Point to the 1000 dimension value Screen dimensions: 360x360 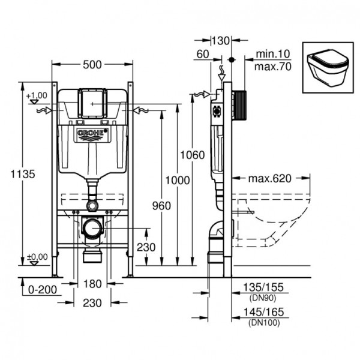(x=178, y=180)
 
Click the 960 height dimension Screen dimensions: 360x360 (x=161, y=206)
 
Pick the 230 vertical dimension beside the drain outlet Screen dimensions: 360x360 (x=146, y=247)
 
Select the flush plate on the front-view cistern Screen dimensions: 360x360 (x=91, y=103)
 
